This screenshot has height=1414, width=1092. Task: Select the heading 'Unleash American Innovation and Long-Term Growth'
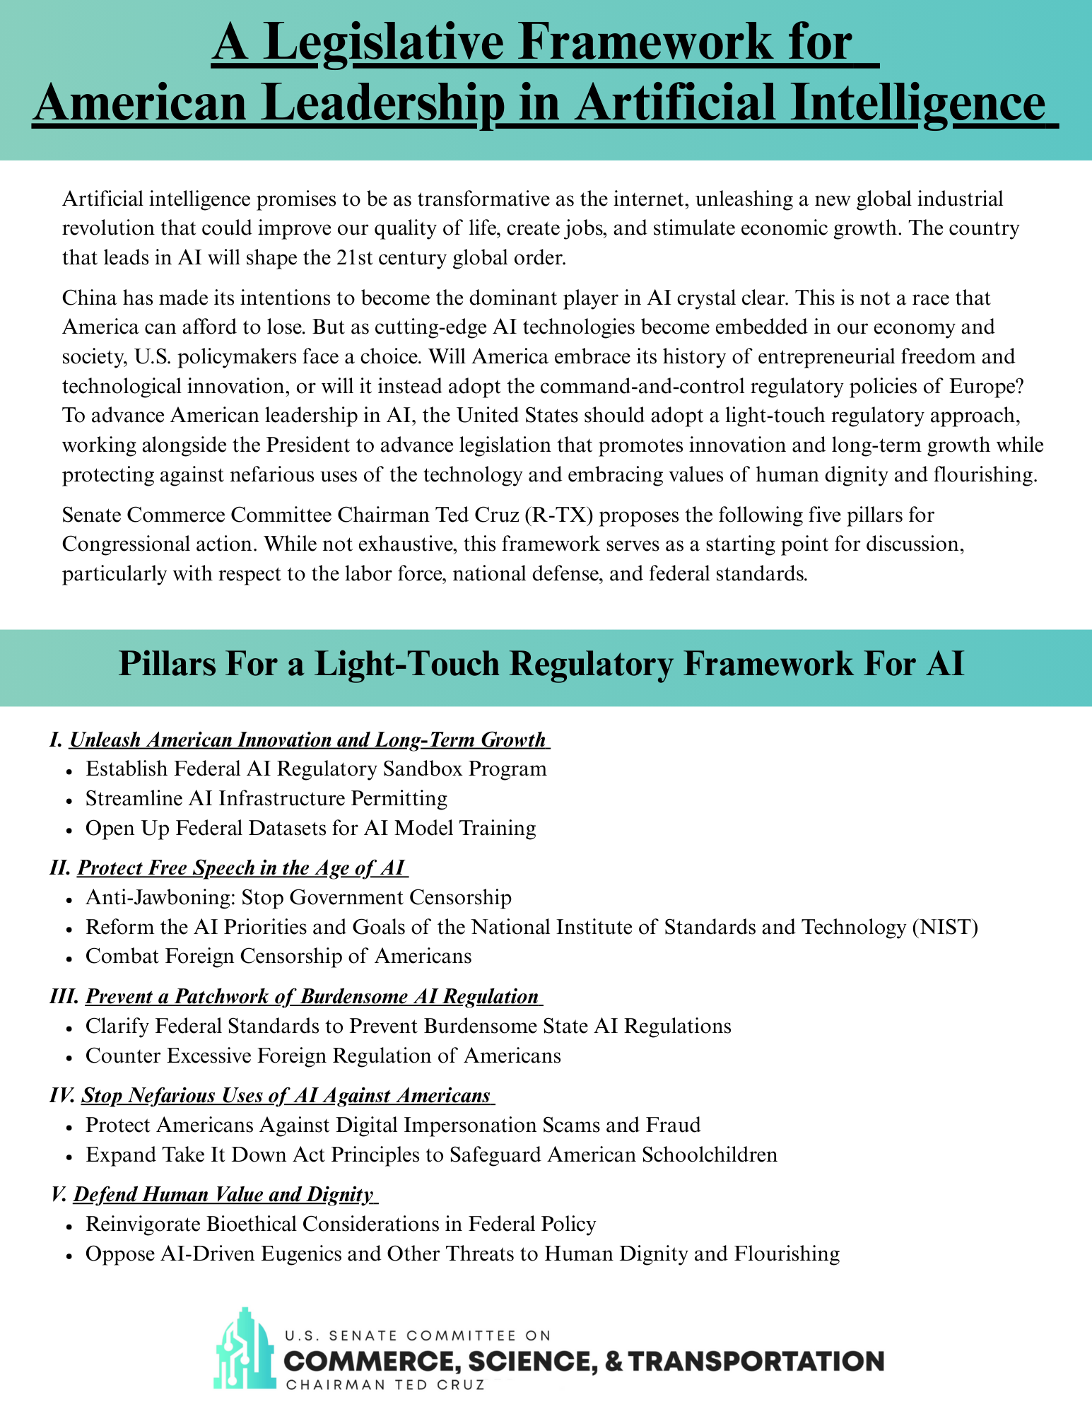[x=308, y=740]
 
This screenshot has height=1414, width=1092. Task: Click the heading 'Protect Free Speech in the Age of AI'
[x=241, y=868]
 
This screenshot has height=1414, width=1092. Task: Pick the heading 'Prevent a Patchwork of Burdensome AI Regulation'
[x=312, y=997]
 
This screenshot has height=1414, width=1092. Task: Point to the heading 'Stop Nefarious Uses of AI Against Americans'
[x=286, y=1096]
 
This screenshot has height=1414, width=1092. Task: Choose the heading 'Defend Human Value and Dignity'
[x=223, y=1195]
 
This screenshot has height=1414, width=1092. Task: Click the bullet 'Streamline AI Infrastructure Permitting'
[x=266, y=799]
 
